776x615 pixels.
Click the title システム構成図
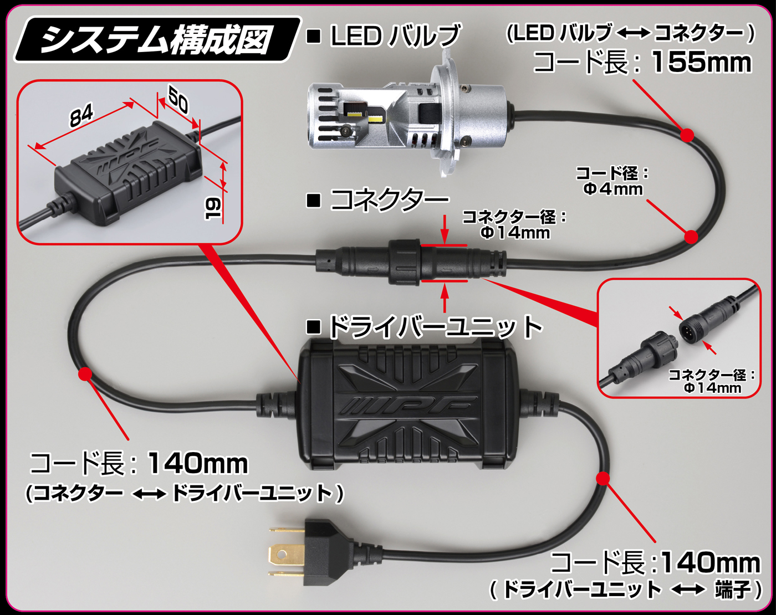coord(156,40)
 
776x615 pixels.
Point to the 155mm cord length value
coord(701,62)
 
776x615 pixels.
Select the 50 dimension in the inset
coord(178,100)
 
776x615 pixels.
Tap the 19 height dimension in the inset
coord(213,208)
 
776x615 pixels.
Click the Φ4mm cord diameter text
coord(613,189)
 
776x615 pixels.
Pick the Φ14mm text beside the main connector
coord(515,233)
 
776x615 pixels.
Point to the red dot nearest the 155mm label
coord(687,135)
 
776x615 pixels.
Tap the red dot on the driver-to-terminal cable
coord(603,478)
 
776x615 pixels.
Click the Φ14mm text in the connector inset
coord(713,387)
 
